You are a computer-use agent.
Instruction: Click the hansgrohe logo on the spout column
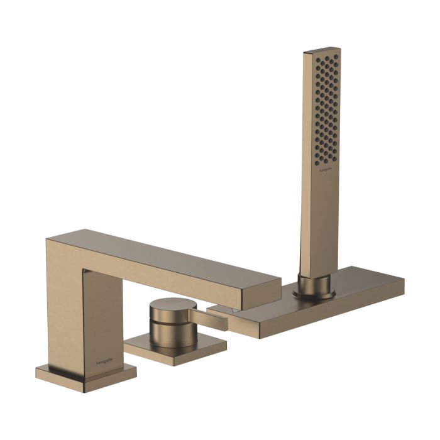tap(104, 360)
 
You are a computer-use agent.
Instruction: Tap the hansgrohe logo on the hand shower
tap(324, 170)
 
